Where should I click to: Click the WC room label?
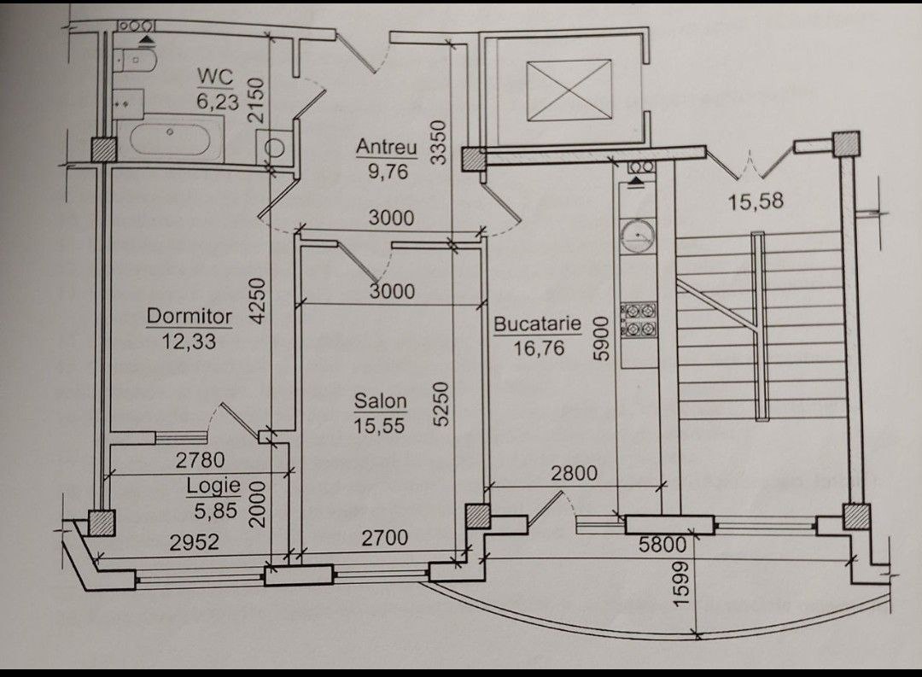[215, 77]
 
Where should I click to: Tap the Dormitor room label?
[190, 317]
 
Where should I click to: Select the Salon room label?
[381, 402]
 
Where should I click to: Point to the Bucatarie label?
[537, 324]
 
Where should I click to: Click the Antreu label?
[387, 147]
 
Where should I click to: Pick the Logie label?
[213, 487]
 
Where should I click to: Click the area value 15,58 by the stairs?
[756, 201]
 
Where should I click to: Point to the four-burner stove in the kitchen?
[639, 321]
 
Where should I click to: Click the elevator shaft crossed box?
[569, 90]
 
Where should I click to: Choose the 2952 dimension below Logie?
[195, 542]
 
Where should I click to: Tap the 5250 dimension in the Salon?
[441, 404]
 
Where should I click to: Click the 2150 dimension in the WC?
[257, 100]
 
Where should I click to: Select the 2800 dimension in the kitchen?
[574, 472]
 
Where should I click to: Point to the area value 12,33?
[189, 341]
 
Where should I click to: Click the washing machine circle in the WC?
[273, 147]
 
